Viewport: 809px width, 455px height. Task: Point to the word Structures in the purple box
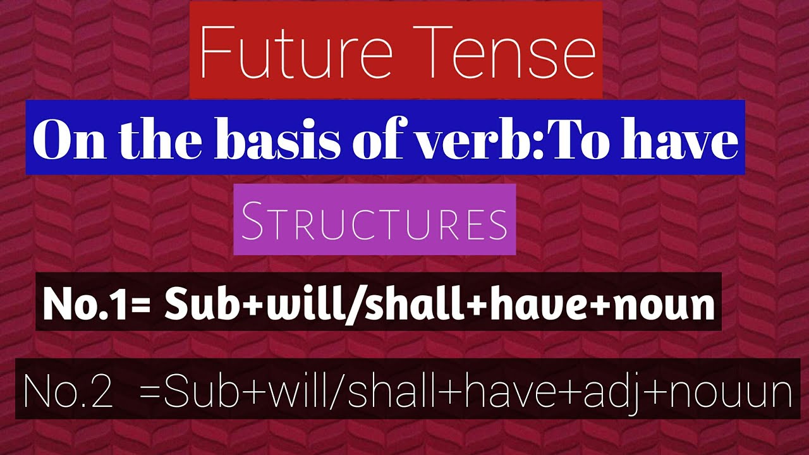click(374, 221)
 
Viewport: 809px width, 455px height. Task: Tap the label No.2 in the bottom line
click(68, 392)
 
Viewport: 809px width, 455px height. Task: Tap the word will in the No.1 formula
click(303, 305)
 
